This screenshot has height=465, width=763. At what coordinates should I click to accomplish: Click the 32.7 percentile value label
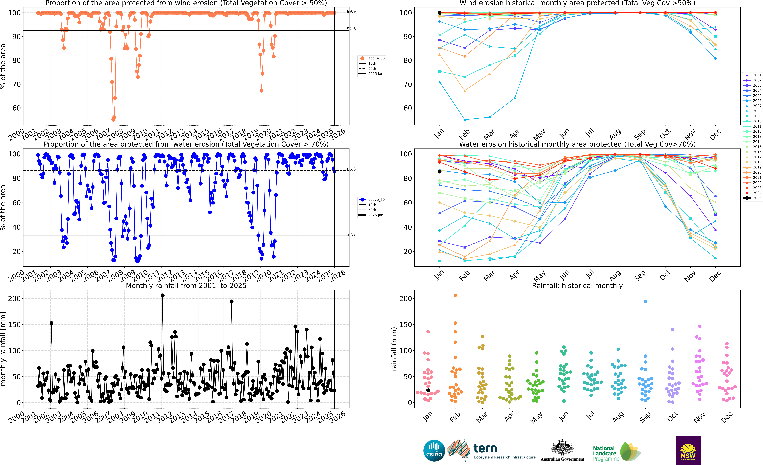(351, 234)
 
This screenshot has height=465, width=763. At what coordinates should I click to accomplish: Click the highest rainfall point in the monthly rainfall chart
(163, 295)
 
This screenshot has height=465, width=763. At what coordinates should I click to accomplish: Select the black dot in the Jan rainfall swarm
(428, 390)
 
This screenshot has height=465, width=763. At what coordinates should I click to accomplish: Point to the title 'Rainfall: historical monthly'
(577, 286)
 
